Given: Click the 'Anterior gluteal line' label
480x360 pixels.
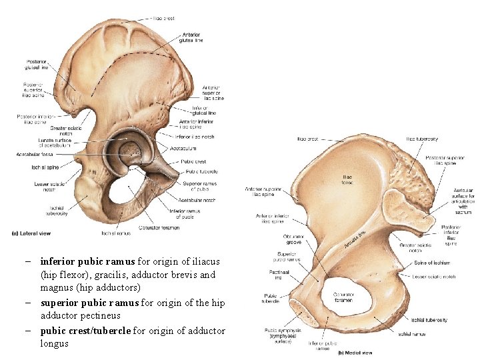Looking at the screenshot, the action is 192,37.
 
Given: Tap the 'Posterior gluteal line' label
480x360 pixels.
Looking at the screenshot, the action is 36,65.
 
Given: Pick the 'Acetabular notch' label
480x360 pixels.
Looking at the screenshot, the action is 197,199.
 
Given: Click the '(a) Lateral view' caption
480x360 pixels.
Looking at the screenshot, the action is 31,233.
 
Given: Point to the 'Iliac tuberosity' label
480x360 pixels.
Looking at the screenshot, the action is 422,139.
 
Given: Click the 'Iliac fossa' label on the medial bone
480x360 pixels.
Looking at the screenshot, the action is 347,180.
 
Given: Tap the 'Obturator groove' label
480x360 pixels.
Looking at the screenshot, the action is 293,239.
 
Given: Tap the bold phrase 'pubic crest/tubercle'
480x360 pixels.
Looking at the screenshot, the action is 87,331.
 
